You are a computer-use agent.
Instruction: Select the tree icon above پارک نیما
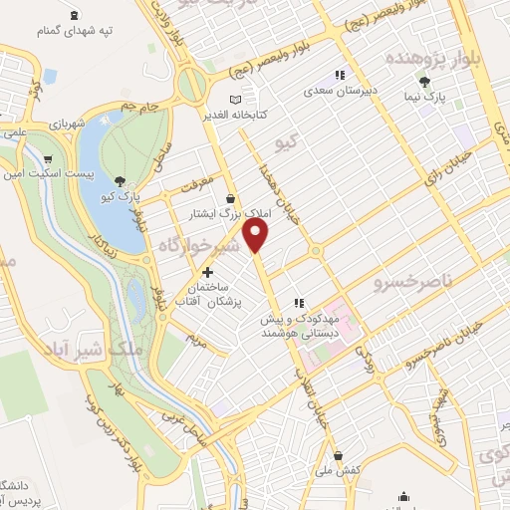point(425,82)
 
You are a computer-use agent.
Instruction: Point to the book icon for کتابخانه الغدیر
point(235,100)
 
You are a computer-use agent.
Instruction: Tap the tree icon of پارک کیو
point(121,181)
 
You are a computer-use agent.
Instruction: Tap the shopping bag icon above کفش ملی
point(338,453)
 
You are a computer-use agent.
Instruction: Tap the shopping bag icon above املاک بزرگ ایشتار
point(231,198)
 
